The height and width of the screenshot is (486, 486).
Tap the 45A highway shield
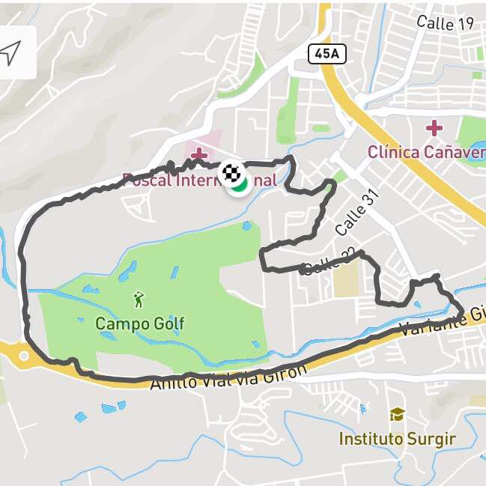click(326, 53)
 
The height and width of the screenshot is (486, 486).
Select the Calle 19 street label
click(445, 23)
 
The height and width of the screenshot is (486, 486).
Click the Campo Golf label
click(139, 324)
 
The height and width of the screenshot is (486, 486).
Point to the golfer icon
click(139, 300)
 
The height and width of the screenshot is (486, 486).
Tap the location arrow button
click(11, 52)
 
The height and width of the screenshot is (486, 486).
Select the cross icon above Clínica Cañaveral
click(434, 128)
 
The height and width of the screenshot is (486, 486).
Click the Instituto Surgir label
click(397, 438)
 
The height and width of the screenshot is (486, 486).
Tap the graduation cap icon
click(397, 414)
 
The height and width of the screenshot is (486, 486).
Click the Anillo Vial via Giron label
click(228, 377)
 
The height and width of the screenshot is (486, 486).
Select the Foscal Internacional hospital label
click(199, 180)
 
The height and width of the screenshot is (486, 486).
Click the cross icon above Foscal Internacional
click(198, 155)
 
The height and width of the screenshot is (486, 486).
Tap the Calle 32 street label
click(327, 263)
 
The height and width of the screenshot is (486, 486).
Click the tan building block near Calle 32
click(346, 280)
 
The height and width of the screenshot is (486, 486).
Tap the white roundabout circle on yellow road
click(24, 356)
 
